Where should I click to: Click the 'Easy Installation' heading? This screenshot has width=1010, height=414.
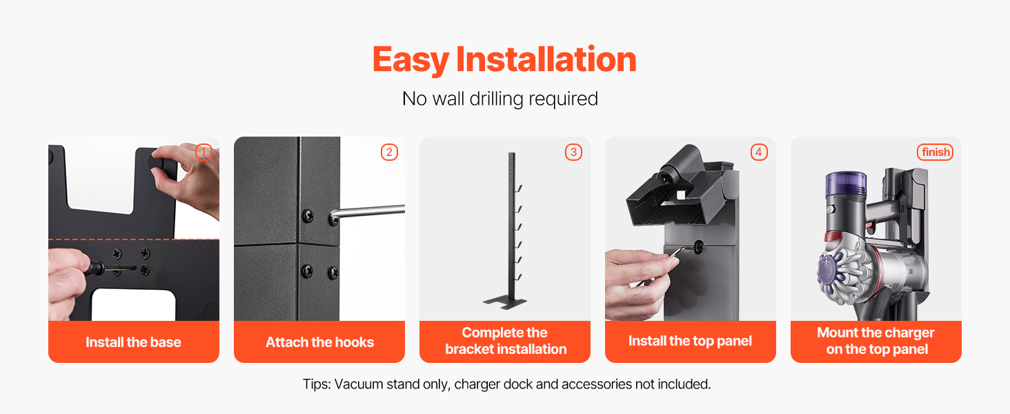504,59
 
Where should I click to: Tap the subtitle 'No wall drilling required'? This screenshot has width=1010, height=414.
500,99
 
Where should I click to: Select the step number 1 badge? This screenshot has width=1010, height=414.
204,152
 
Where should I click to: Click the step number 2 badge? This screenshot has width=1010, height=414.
389,152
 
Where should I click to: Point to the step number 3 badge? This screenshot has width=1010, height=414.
573,152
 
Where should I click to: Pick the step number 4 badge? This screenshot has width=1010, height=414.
759,152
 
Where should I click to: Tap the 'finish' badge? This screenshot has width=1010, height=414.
935,152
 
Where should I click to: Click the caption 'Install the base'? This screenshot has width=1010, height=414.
133,342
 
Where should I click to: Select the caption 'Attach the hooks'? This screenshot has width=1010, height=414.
319,342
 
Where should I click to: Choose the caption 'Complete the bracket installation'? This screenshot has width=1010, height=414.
506,341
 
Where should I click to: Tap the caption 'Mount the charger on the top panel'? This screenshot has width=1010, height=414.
876,341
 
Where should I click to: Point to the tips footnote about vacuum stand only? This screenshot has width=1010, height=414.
507,384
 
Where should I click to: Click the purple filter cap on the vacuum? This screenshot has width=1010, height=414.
846,184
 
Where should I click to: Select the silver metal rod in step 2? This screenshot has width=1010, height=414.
367,212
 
